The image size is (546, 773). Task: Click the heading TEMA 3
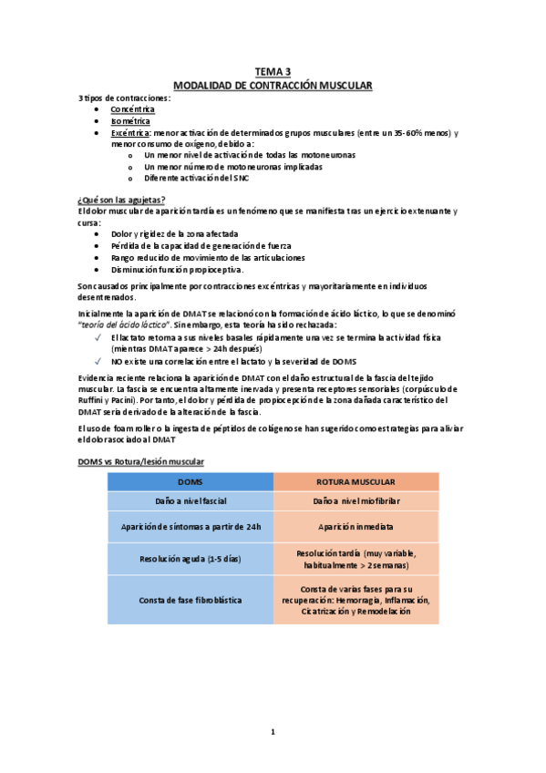pyautogui.click(x=273, y=72)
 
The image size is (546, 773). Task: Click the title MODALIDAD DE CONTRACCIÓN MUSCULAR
pyautogui.click(x=273, y=85)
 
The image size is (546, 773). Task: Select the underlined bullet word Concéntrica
pyautogui.click(x=133, y=108)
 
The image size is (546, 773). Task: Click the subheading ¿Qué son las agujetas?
pyautogui.click(x=122, y=200)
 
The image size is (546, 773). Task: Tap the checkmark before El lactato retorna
pyautogui.click(x=98, y=337)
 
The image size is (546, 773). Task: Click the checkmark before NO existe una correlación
pyautogui.click(x=98, y=361)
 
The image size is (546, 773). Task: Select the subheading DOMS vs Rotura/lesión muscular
pyautogui.click(x=141, y=461)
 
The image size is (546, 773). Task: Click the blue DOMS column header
pyautogui.click(x=191, y=481)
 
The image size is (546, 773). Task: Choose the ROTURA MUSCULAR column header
pyautogui.click(x=355, y=481)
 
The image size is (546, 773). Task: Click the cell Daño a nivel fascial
pyautogui.click(x=191, y=501)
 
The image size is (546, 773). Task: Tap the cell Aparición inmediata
pyautogui.click(x=355, y=527)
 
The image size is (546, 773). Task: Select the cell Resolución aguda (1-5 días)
pyautogui.click(x=191, y=559)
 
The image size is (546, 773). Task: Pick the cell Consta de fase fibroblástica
pyautogui.click(x=191, y=600)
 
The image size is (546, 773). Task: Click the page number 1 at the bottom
pyautogui.click(x=273, y=731)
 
